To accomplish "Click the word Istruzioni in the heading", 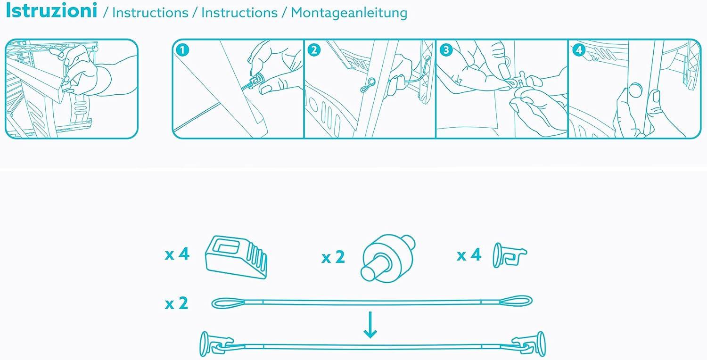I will click(x=51, y=11).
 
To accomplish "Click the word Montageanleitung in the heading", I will click(x=349, y=13).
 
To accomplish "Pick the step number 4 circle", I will click(x=579, y=49).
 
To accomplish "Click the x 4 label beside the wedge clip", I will click(x=177, y=254).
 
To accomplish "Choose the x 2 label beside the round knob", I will click(x=333, y=257).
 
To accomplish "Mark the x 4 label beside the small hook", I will click(x=469, y=255).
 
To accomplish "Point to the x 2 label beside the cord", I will click(x=177, y=303).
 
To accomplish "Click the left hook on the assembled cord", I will click(x=214, y=345).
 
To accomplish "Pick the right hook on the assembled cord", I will click(x=529, y=344).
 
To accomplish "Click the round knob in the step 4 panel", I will click(x=635, y=90).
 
